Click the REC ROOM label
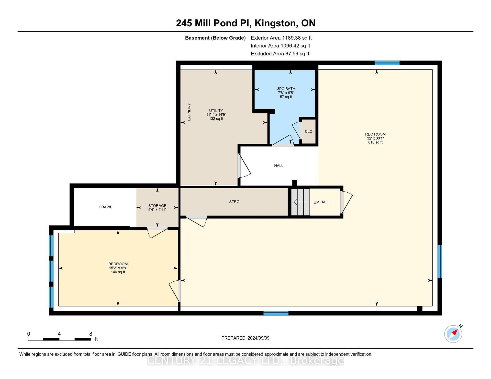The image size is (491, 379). (375, 134)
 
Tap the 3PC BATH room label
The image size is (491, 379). (286, 89)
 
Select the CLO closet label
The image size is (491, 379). (308, 132)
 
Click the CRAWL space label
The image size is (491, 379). (105, 207)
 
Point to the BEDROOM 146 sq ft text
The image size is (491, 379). (118, 272)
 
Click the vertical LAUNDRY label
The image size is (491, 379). (189, 112)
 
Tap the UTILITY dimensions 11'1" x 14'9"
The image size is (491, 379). (216, 115)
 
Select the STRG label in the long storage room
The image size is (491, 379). (234, 202)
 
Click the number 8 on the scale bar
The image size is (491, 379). (91, 334)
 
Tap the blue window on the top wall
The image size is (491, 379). (387, 63)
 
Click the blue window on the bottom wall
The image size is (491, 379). (276, 313)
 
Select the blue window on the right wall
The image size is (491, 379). (440, 261)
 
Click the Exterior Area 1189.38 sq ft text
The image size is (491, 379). (281, 38)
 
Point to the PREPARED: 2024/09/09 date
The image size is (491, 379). (245, 338)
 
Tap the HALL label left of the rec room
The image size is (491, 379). (279, 166)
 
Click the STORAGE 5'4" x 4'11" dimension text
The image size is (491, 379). (157, 210)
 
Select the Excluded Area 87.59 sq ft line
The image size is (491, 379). (280, 54)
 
